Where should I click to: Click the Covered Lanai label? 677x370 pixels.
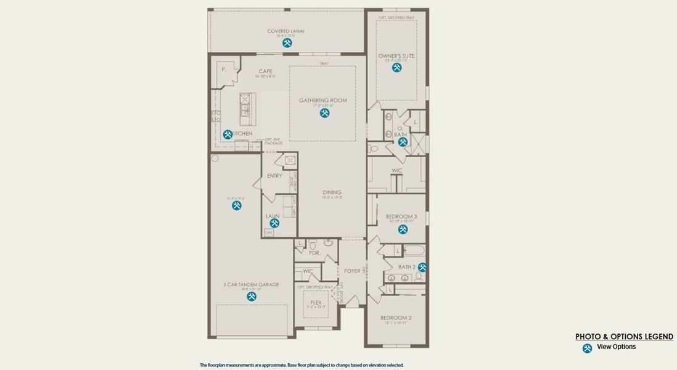click(285, 31)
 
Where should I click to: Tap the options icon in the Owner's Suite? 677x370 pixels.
click(396, 67)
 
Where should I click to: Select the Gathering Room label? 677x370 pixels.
click(323, 101)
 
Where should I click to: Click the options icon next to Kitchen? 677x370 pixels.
click(228, 134)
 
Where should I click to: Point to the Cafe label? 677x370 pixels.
click(265, 72)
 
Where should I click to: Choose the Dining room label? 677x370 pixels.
click(332, 192)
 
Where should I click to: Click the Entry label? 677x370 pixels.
click(274, 176)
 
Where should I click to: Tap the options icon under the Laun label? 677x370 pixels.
click(273, 224)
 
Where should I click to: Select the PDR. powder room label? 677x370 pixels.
click(314, 253)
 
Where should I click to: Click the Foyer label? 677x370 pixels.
click(352, 271)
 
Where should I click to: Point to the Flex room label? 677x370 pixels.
click(316, 303)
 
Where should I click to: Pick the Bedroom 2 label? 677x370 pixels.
click(396, 318)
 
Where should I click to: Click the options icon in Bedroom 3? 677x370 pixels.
click(403, 229)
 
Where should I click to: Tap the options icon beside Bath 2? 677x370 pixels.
click(422, 267)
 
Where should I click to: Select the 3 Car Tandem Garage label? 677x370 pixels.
click(251, 285)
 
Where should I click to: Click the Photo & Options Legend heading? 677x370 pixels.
click(624, 337)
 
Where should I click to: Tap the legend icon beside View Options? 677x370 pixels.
click(587, 348)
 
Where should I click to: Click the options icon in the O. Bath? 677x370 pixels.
click(403, 142)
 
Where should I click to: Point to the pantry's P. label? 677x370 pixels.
click(224, 70)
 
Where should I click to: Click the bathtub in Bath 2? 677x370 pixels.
click(414, 250)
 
